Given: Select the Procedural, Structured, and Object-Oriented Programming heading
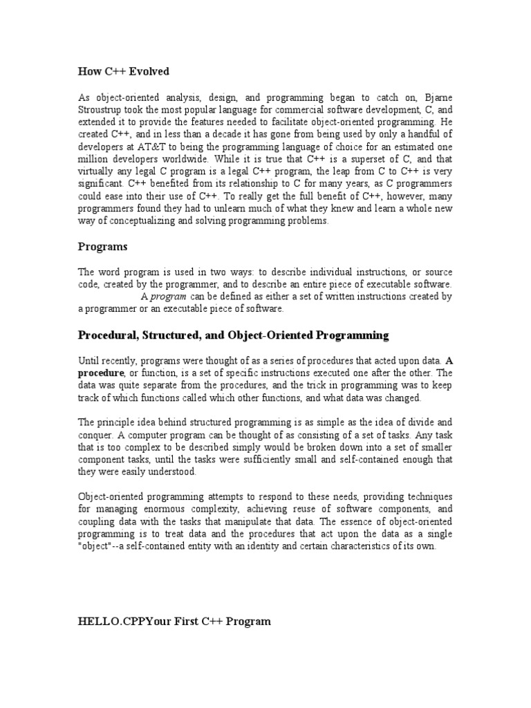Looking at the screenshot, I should pyautogui.click(x=233, y=335).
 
